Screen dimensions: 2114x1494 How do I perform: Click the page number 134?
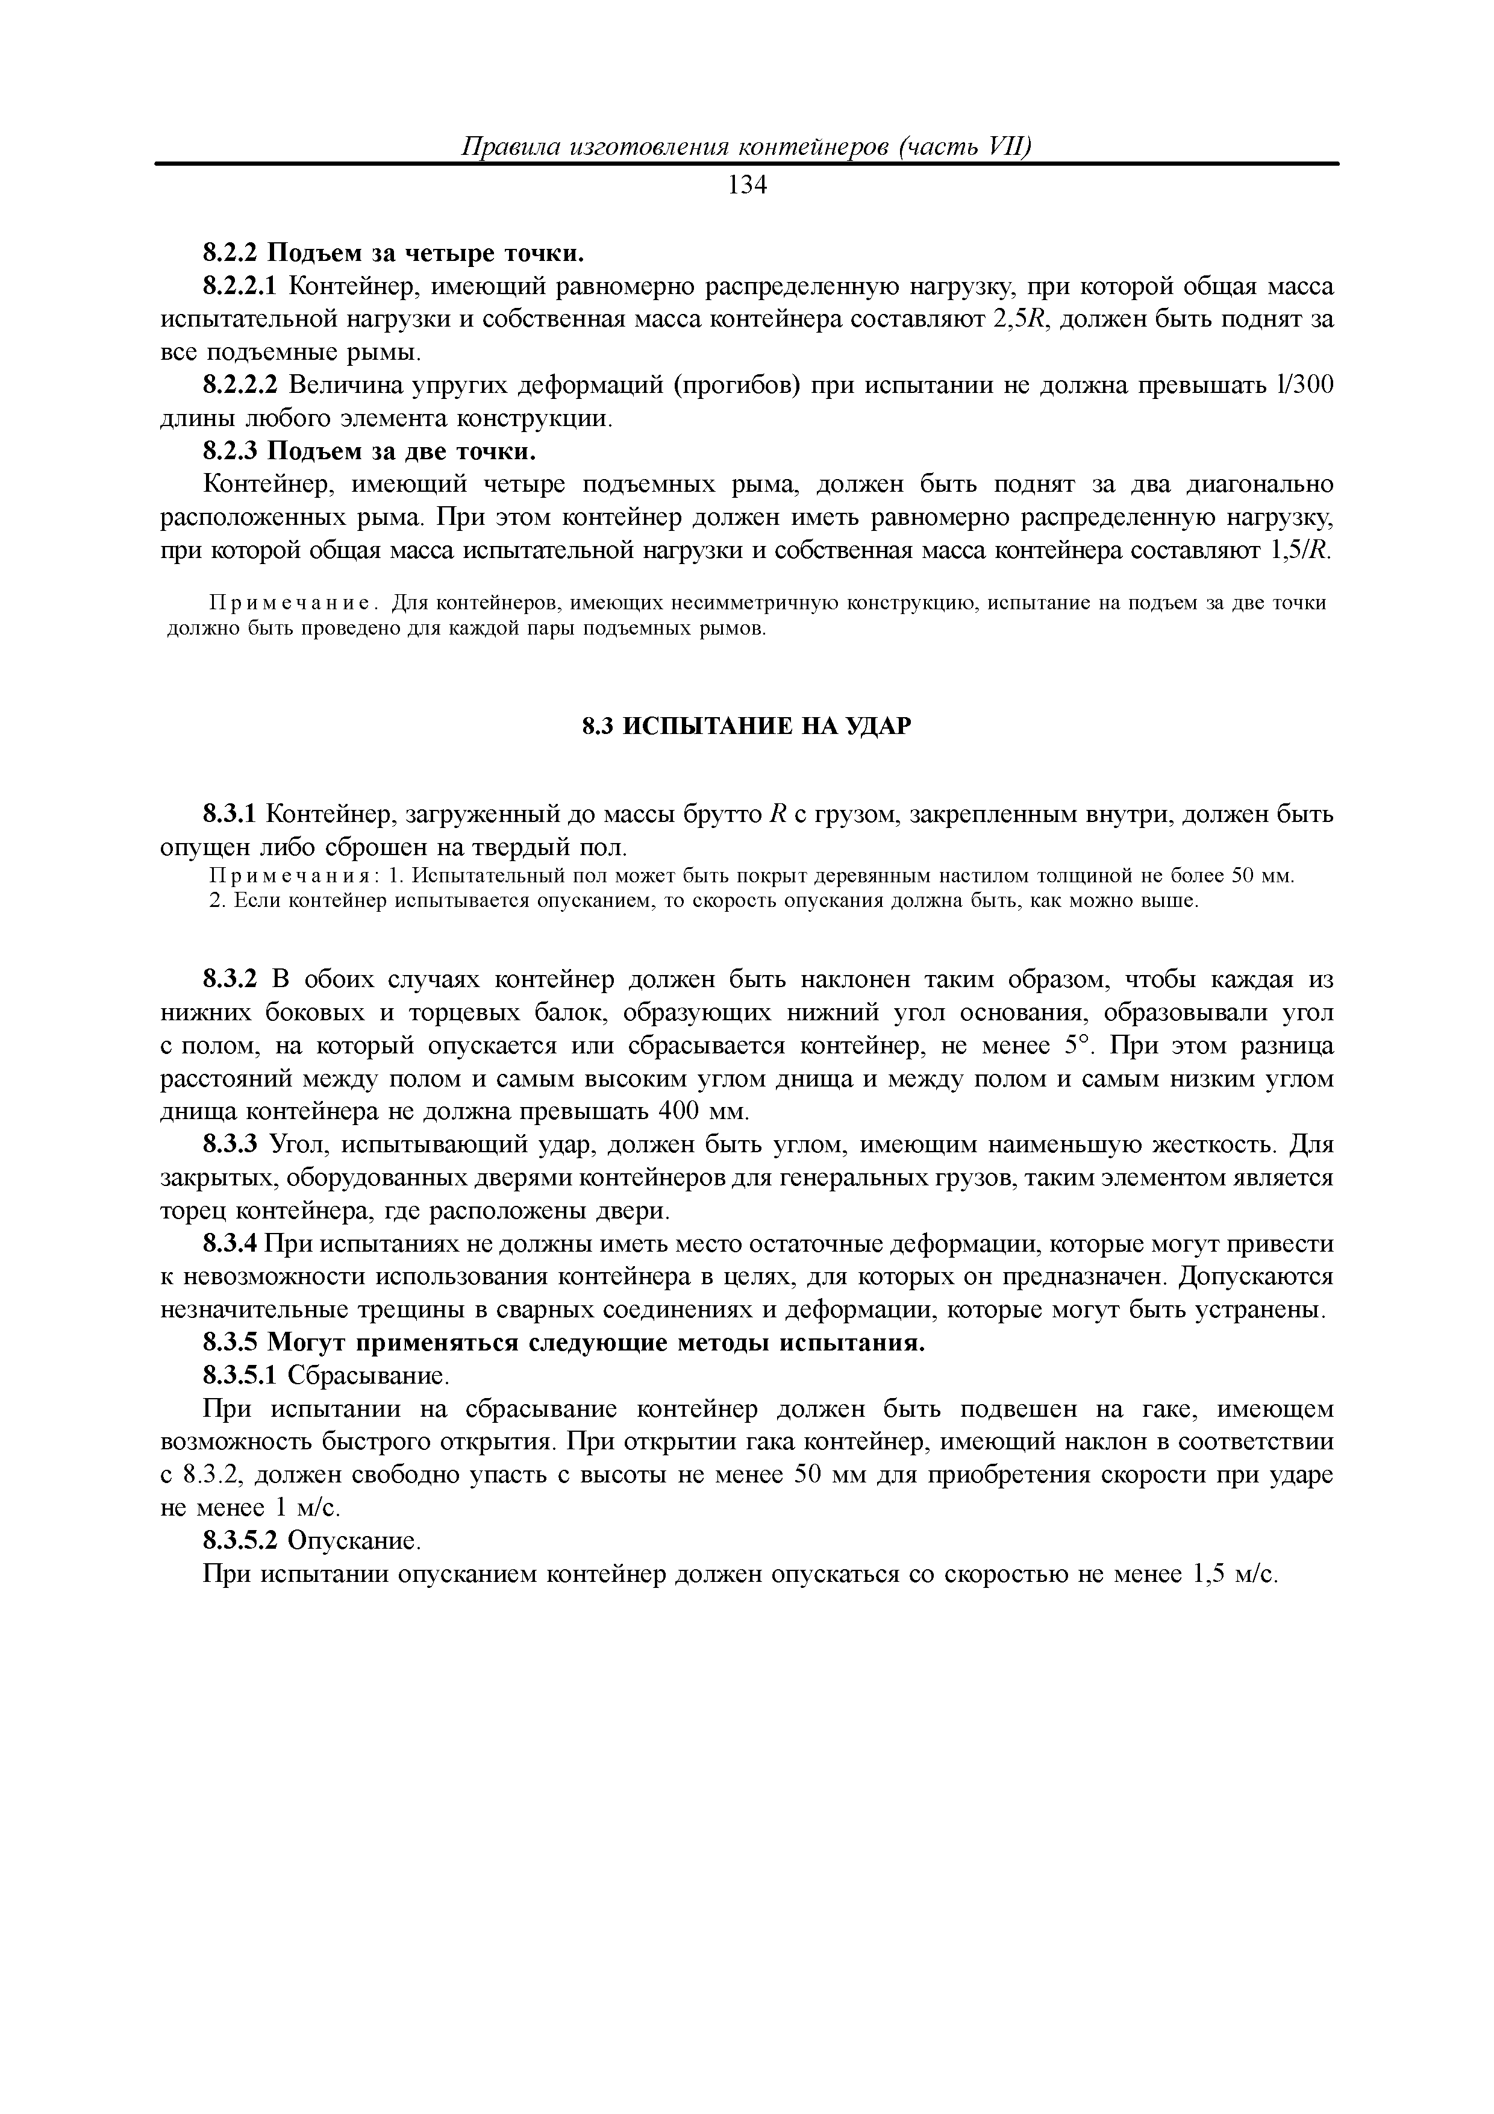[x=746, y=186]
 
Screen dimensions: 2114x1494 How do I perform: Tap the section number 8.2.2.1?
[x=239, y=286]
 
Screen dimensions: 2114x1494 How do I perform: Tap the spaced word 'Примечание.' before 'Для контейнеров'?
[x=293, y=603]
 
